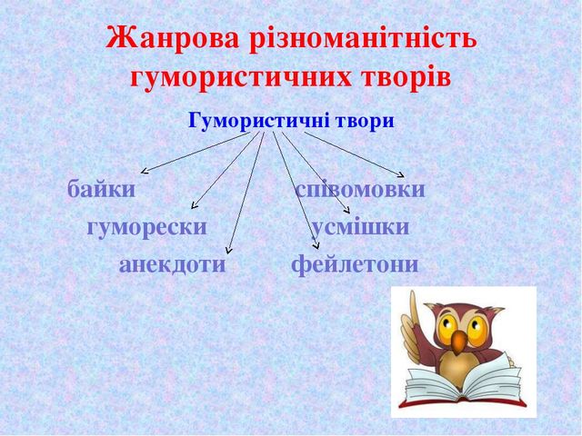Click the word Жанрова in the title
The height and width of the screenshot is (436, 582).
click(173, 38)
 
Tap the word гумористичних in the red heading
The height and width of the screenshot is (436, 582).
click(240, 78)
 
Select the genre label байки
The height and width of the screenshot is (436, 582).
click(101, 189)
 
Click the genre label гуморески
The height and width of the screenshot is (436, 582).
click(147, 227)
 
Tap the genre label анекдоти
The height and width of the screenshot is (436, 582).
click(172, 264)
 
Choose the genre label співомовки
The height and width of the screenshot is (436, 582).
click(360, 190)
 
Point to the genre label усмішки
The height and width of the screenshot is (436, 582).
click(360, 227)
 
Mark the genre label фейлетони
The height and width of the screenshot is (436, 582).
click(355, 264)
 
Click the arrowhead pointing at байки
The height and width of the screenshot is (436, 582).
click(143, 172)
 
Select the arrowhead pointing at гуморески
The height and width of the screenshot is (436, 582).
click(193, 206)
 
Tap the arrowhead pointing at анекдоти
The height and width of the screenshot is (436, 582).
click(228, 252)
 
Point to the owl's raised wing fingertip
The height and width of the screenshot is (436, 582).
click(411, 292)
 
